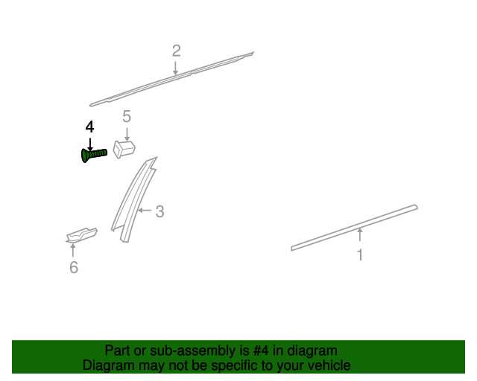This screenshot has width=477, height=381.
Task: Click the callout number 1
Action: coord(360,255)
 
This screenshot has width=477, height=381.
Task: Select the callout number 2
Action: coord(176,51)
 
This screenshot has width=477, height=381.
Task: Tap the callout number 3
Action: coord(159,212)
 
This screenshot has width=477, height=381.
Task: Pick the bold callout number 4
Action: coord(90,127)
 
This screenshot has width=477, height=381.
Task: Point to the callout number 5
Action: coord(127,115)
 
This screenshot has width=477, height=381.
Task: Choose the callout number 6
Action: coord(73,267)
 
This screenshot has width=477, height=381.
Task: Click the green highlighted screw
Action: coord(93,154)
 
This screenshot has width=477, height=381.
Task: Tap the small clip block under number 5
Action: coord(124,147)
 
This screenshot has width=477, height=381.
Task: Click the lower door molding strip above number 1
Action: coord(355,226)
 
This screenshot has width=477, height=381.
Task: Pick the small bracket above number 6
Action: coord(80,235)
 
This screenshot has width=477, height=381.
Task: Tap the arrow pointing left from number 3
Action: coord(145,212)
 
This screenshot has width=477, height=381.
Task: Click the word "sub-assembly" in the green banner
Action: coord(193,350)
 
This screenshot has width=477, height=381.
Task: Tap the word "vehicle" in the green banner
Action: coord(326,365)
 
